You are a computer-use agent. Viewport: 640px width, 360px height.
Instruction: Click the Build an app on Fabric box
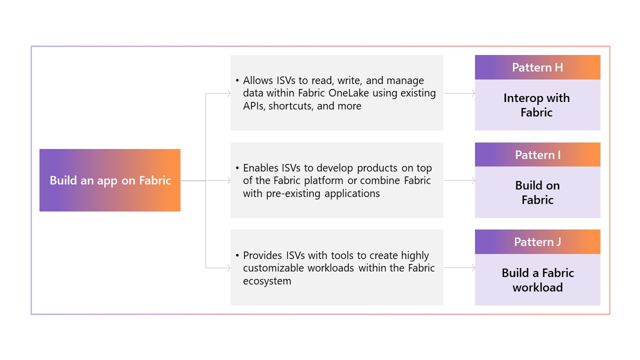pyautogui.click(x=110, y=180)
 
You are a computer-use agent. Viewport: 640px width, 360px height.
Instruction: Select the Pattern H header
pyautogui.click(x=537, y=67)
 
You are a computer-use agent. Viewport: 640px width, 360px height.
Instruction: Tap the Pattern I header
pyautogui.click(x=537, y=155)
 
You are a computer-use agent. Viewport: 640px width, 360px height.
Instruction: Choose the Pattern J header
pyautogui.click(x=537, y=242)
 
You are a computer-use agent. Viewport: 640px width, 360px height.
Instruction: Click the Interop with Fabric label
pyautogui.click(x=536, y=105)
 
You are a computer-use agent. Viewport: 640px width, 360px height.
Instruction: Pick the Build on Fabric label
pyautogui.click(x=537, y=192)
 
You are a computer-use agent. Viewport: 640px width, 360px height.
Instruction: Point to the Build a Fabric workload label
pyautogui.click(x=537, y=280)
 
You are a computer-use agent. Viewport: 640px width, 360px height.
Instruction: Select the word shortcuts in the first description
pyautogui.click(x=290, y=106)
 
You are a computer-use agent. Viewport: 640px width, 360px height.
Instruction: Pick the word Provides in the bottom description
pyautogui.click(x=263, y=255)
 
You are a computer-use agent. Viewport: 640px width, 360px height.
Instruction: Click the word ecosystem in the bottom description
pyautogui.click(x=267, y=281)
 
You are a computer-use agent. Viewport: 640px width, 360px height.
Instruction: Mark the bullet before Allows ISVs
pyautogui.click(x=237, y=81)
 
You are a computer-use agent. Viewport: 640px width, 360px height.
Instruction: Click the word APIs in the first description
pyautogui.click(x=254, y=106)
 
